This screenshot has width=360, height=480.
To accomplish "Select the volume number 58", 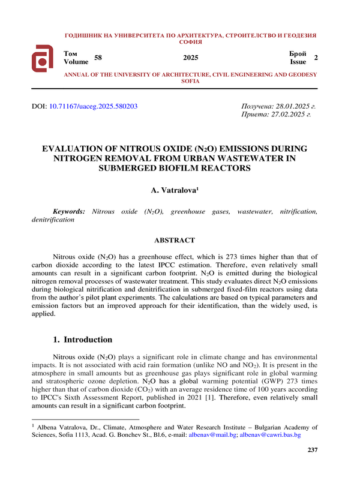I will pyautogui.click(x=98, y=57).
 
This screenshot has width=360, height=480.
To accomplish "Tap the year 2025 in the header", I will pyautogui.click(x=190, y=58).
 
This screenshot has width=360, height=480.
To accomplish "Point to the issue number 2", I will pyautogui.click(x=316, y=57).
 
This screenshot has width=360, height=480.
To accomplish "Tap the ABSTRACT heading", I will pyautogui.click(x=174, y=241).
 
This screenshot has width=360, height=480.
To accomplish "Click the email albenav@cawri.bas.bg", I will pyautogui.click(x=270, y=434).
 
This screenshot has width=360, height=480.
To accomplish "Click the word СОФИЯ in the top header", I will pyautogui.click(x=190, y=42).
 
